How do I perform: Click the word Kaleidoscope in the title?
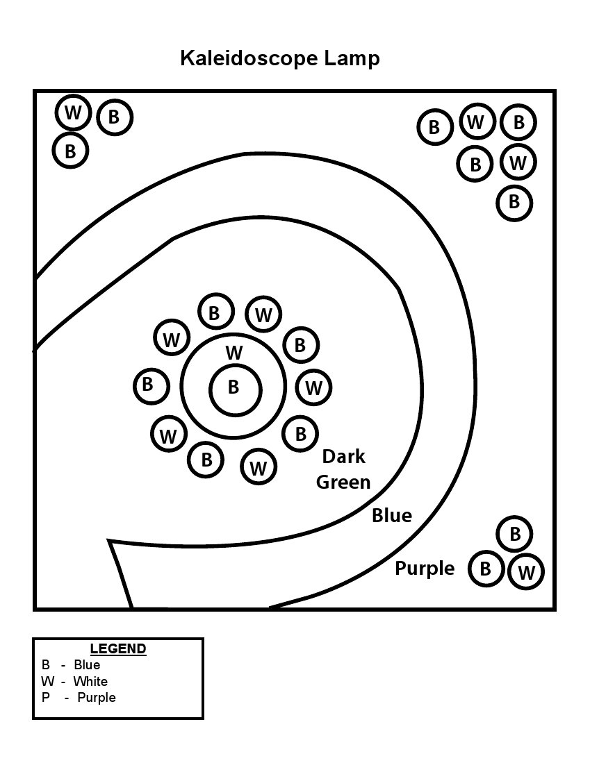tap(249, 58)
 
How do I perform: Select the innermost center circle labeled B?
tap(233, 387)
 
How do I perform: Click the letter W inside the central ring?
tap(234, 353)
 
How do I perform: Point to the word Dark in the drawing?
tap(343, 457)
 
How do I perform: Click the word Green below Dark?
tap(343, 482)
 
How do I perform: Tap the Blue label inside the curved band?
tap(392, 516)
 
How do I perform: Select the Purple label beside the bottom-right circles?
tap(425, 569)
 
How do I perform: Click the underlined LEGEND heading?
tap(118, 649)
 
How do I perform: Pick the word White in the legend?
tap(90, 681)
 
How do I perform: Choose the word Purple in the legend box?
tap(97, 698)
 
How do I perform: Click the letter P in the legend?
tap(46, 698)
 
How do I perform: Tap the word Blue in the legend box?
tap(87, 665)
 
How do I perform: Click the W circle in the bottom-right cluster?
tap(526, 573)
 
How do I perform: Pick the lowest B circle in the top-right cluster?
tap(514, 202)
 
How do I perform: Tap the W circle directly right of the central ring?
tap(314, 387)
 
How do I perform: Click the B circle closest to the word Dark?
tap(300, 434)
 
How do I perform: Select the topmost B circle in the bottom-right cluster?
tap(514, 534)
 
